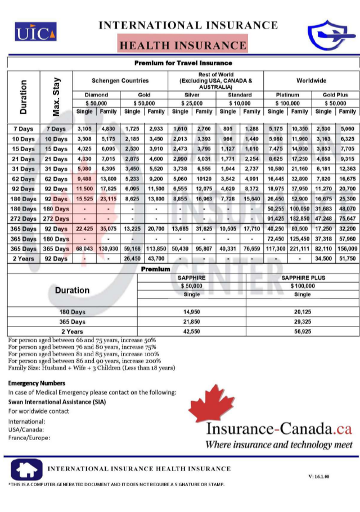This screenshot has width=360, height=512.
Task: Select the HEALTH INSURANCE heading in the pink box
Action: pos(183,46)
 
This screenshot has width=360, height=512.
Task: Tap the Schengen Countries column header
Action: pos(120,81)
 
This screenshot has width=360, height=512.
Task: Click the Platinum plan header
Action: pos(287,95)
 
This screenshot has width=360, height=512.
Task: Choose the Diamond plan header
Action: pos(96,95)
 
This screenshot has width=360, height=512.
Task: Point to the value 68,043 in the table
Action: pos(84,249)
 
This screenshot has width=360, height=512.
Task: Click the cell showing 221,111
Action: pos(299,249)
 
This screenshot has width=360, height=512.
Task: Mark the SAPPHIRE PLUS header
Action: pos(302,278)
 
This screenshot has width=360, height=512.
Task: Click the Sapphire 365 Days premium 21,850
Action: pos(192,321)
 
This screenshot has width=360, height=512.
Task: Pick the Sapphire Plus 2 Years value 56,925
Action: pos(302,332)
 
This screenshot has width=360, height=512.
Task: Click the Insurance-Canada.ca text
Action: pos(278,429)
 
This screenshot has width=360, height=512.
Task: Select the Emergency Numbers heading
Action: pos(37,383)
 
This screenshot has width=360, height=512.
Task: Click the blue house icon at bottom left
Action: pos(25,470)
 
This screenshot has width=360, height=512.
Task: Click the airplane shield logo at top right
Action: pos(328,35)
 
